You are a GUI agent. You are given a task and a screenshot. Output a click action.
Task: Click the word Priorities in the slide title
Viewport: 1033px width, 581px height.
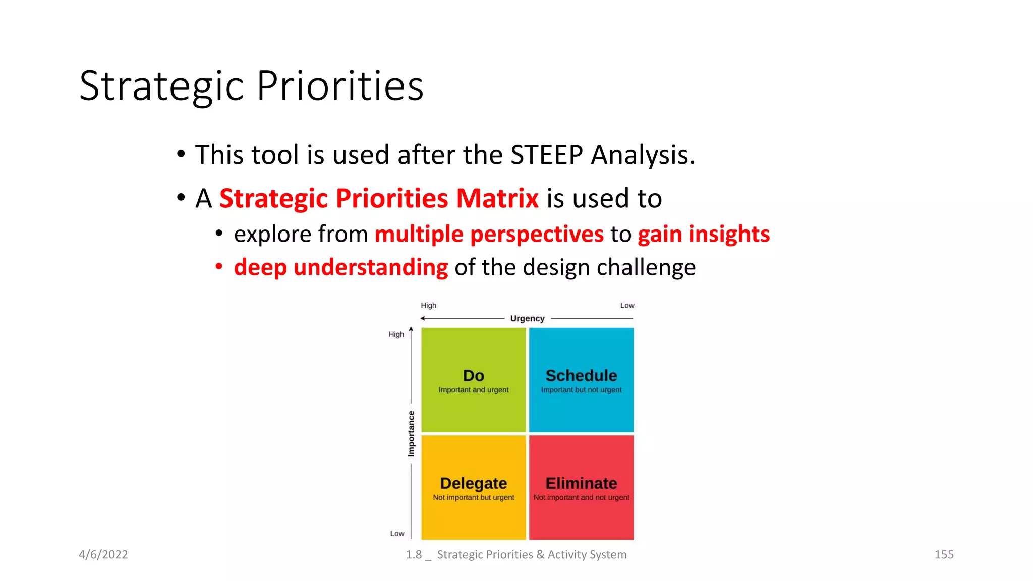[x=340, y=86]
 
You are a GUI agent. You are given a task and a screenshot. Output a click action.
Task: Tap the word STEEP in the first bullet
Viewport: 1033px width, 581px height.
[x=547, y=155]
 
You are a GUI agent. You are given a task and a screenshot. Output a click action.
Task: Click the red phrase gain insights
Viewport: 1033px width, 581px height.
[x=704, y=234]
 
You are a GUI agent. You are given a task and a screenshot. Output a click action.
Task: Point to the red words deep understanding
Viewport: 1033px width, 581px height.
[x=340, y=267]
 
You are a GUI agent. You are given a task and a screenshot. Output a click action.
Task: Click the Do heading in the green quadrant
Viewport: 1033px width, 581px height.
[x=473, y=376]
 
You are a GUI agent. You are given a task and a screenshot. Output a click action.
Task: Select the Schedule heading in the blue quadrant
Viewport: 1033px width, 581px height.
[x=581, y=376]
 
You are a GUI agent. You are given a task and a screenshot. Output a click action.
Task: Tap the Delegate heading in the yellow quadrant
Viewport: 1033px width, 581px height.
[x=473, y=483]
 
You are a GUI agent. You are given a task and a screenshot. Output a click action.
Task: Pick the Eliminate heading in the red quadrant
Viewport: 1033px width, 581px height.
[x=581, y=483]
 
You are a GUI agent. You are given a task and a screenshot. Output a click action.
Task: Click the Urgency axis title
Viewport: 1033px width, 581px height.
[x=527, y=318]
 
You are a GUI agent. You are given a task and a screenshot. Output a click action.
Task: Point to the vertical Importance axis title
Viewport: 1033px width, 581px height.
[x=411, y=434]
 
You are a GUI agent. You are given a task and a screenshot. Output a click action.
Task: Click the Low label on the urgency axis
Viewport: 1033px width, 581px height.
[x=627, y=305]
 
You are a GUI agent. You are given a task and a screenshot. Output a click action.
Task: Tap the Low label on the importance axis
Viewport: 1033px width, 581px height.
[x=397, y=533]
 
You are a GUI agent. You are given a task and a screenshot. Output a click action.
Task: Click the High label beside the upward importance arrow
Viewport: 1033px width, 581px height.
[x=396, y=334]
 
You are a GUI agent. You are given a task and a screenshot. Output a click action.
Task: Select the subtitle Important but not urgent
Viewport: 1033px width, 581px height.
[x=581, y=390]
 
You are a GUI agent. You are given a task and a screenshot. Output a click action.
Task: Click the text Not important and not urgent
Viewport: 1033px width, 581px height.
[x=581, y=497]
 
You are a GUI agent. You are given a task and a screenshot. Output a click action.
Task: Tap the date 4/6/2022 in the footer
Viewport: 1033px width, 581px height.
[x=103, y=554]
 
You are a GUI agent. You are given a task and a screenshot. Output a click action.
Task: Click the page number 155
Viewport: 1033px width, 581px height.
[x=944, y=554]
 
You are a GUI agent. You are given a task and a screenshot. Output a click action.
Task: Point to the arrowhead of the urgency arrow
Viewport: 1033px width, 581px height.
[x=423, y=318]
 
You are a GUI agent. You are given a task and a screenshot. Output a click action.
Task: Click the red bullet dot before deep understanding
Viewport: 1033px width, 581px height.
[x=219, y=266]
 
